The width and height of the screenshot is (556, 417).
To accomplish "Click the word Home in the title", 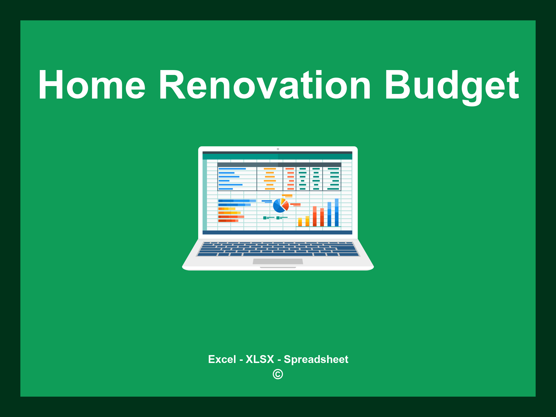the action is (92, 85).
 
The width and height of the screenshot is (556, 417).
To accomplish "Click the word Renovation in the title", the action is (265, 85).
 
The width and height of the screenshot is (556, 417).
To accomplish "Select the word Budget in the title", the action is (452, 87).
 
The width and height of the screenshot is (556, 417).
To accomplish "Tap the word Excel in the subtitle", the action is (222, 359).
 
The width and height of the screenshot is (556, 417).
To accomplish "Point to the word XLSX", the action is (260, 359).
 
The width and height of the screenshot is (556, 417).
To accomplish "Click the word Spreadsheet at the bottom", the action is (316, 359).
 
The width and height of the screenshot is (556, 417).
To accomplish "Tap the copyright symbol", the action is (278, 374).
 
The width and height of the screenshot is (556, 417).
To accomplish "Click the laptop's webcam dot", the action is (278, 149).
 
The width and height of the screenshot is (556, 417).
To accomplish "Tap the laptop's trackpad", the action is (278, 261).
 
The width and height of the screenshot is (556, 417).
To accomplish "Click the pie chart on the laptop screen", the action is (281, 206).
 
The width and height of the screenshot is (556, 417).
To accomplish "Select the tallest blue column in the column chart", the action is (337, 212).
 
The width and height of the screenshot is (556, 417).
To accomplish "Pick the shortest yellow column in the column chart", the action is (300, 222).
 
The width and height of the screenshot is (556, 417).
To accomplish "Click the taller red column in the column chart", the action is (315, 216).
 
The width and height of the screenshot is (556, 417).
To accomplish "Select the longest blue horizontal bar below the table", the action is (237, 201).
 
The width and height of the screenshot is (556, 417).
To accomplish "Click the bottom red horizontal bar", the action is (228, 221).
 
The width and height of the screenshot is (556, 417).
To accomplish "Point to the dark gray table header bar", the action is (279, 165).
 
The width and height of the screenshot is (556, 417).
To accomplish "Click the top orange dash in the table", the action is (270, 169).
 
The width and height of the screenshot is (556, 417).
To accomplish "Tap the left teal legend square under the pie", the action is (265, 218).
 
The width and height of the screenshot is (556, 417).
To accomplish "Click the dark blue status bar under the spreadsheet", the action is (277, 232).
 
